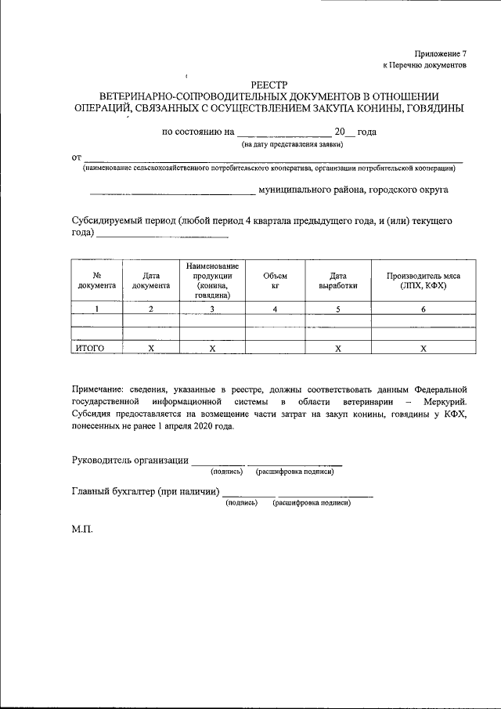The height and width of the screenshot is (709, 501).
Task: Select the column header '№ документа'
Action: (x=96, y=280)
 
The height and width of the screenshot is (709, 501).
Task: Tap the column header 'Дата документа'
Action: (x=151, y=280)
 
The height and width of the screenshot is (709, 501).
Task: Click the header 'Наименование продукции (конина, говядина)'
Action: (x=212, y=280)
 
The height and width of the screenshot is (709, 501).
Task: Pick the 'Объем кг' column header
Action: (x=275, y=280)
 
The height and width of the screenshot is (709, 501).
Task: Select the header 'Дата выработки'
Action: (x=337, y=280)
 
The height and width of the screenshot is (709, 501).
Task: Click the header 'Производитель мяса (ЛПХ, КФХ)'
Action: (x=423, y=280)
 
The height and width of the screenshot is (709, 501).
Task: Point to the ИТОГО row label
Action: (x=88, y=348)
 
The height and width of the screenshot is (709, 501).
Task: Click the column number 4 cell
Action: (x=275, y=309)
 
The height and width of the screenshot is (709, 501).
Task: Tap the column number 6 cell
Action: (x=423, y=309)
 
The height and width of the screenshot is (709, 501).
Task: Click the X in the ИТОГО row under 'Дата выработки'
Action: (x=337, y=348)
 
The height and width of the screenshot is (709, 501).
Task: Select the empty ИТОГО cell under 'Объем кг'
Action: (x=275, y=348)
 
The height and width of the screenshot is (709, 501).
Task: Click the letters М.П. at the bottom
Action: (x=82, y=529)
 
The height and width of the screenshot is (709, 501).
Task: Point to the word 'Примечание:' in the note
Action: (x=96, y=388)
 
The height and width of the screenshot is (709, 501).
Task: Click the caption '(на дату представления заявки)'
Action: (x=292, y=144)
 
